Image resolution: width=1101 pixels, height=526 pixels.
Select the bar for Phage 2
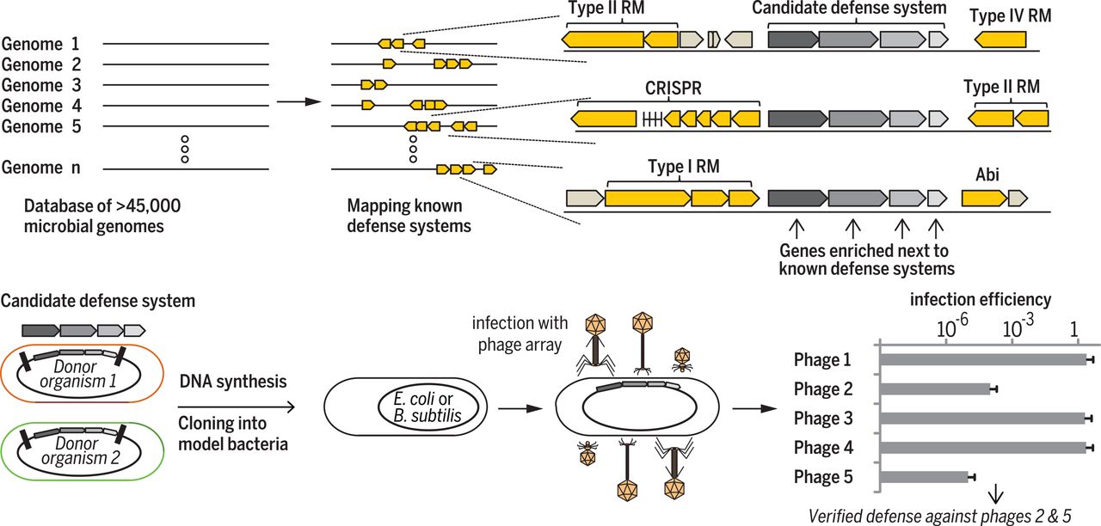[x=935, y=389]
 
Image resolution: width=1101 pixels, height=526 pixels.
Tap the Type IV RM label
[x=1011, y=16]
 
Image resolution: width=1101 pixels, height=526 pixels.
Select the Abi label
[x=987, y=175]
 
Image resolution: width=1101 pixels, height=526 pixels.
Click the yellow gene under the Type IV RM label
[x=1000, y=40]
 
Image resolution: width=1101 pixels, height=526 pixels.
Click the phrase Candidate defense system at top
[x=849, y=9]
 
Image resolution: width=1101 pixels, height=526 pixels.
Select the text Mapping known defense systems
[x=403, y=216]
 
